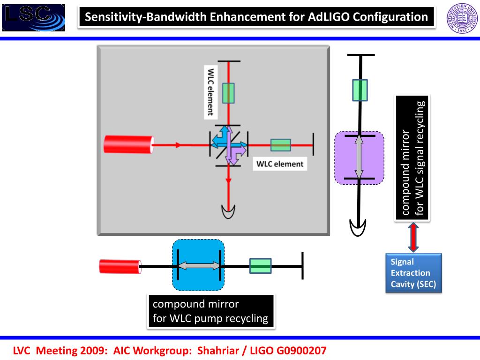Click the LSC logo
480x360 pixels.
(33, 18)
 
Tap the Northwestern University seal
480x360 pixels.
(462, 18)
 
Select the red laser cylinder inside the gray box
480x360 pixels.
(128, 144)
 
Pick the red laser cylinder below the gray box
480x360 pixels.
(120, 266)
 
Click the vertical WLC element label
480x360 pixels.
(210, 92)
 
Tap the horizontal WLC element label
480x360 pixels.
(280, 164)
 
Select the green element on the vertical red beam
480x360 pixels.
(228, 93)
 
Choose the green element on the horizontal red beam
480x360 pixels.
(281, 145)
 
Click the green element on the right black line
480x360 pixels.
(360, 90)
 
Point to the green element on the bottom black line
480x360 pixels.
(261, 266)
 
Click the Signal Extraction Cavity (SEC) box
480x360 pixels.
(413, 273)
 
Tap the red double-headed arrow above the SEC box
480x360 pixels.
(413, 237)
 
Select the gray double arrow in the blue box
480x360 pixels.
(199, 265)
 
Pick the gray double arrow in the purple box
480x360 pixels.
(359, 157)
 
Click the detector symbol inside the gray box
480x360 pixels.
(228, 212)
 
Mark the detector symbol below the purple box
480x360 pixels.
(358, 228)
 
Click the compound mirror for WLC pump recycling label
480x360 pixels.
(210, 312)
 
